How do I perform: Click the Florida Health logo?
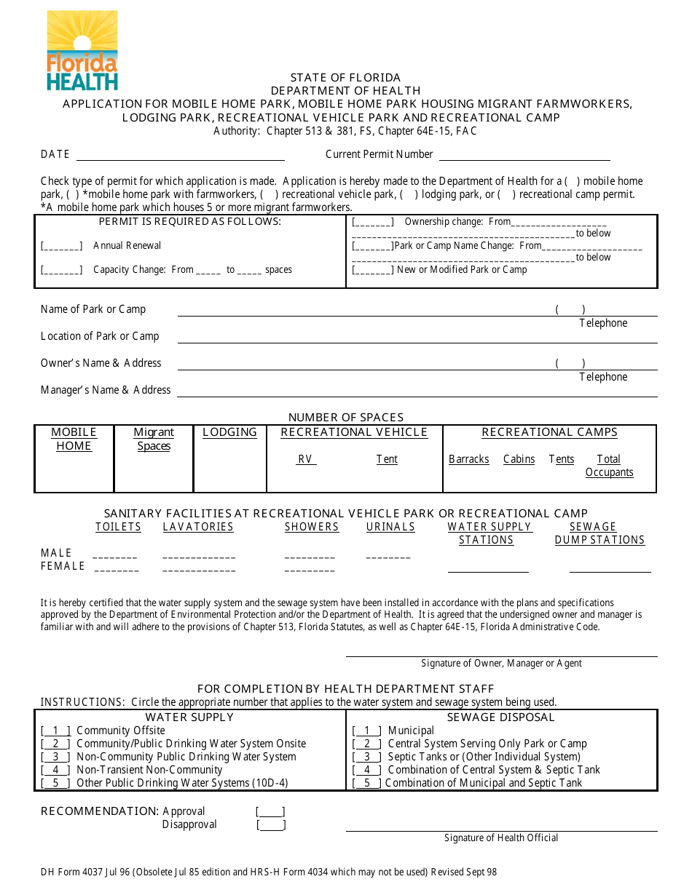(82, 50)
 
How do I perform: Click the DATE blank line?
(180, 155)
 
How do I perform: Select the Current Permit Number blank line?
(524, 155)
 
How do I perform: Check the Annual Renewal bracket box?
(61, 247)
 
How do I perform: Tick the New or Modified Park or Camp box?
(372, 270)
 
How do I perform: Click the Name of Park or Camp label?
(93, 309)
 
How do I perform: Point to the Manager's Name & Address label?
(106, 390)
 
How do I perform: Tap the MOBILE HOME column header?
(74, 439)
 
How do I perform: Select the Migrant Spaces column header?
(154, 439)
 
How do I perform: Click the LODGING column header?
(229, 432)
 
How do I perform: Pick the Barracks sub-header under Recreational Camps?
(468, 459)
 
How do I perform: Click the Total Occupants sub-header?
(609, 466)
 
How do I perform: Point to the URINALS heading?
(390, 527)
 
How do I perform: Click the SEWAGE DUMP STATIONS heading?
(599, 533)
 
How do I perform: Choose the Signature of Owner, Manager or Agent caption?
(501, 663)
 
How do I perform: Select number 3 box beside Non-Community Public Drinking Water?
(55, 757)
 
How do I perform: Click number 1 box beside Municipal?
(367, 731)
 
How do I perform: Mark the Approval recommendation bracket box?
(270, 812)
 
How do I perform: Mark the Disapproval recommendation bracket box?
(271, 825)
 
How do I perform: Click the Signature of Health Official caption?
(501, 838)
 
